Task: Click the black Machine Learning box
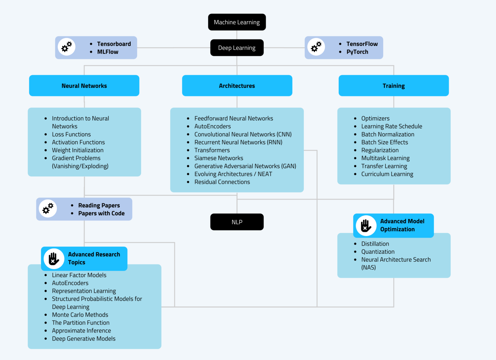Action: tap(237, 22)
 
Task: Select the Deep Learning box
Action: tap(237, 48)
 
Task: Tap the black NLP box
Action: tap(237, 222)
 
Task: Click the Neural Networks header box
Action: tap(84, 86)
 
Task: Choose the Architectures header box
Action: tap(237, 86)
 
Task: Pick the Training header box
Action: tap(393, 86)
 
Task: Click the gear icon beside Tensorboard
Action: tap(67, 47)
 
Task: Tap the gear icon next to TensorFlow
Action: tap(316, 47)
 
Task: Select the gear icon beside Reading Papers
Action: tap(48, 208)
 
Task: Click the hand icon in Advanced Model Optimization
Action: tap(366, 226)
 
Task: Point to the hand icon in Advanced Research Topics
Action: tap(54, 259)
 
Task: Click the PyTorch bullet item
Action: tap(357, 52)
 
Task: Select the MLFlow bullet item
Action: tap(108, 52)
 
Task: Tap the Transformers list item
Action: tap(212, 150)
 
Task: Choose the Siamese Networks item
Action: tap(219, 158)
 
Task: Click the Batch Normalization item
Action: tap(387, 134)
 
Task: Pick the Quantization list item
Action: tap(378, 252)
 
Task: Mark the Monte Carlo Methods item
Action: tap(80, 315)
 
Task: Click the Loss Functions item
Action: tap(71, 134)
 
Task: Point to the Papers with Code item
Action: tap(101, 213)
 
